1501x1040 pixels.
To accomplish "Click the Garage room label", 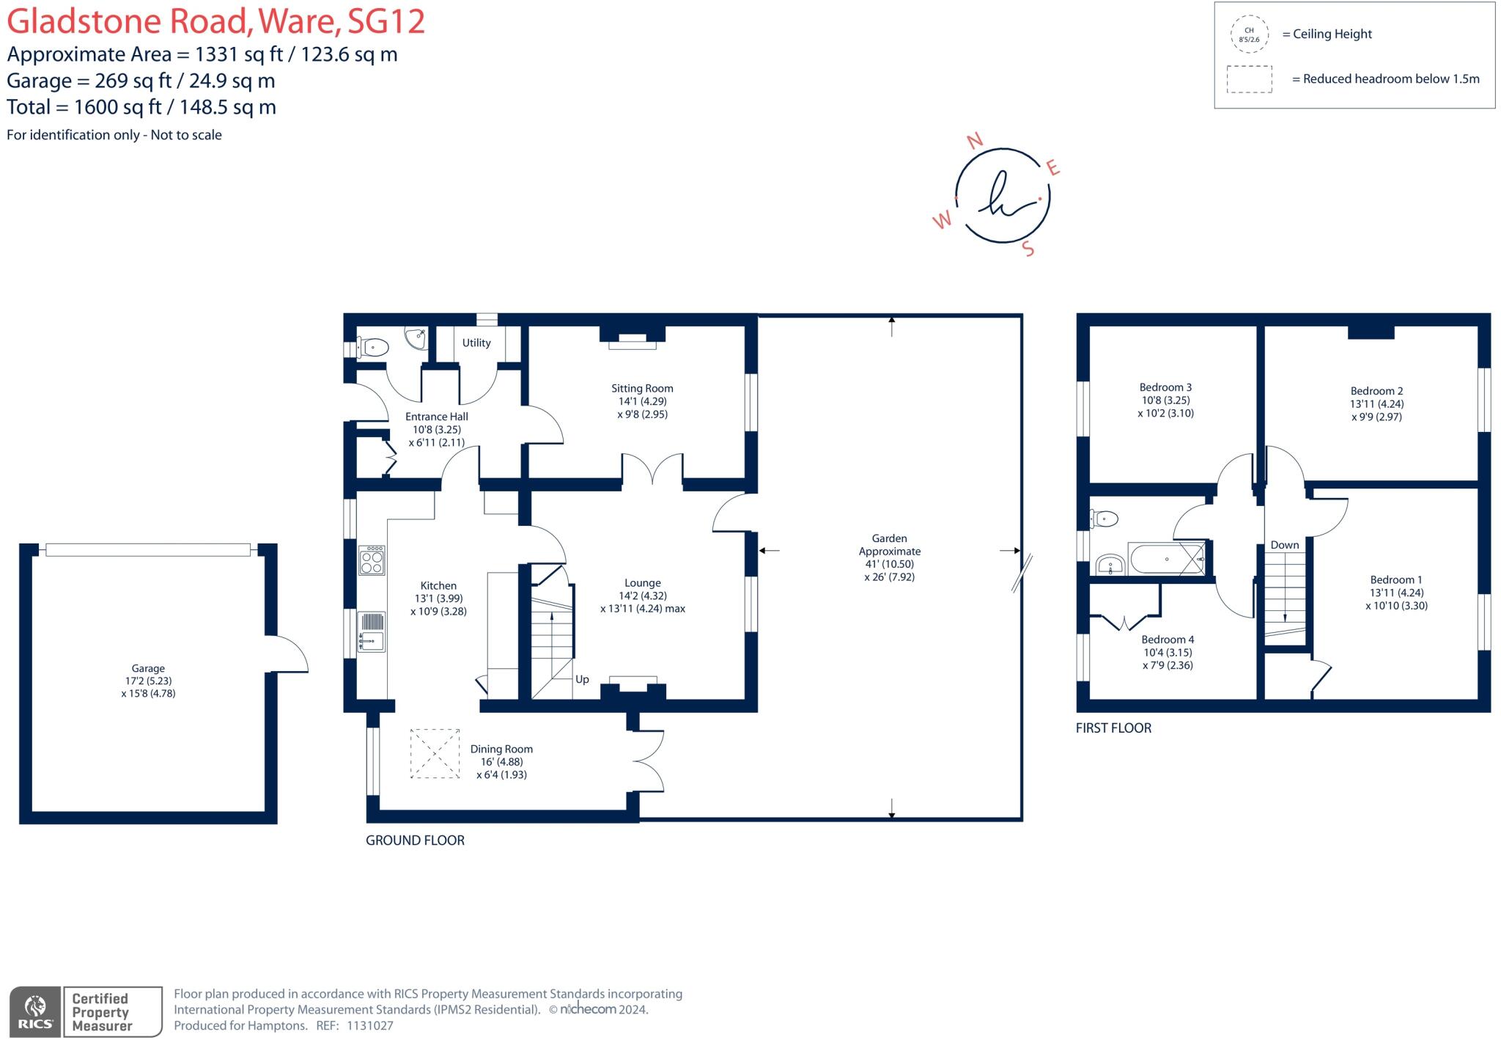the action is pos(148,668).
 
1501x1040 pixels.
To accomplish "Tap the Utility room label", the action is pos(476,343).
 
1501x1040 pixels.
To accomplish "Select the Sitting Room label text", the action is pos(642,388).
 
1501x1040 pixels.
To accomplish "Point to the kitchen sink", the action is pos(372,632).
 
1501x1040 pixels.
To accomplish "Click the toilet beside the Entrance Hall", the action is pos(372,346).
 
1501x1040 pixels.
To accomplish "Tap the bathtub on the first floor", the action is pos(1168,559).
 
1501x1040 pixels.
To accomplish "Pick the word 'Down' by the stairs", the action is pos(1285,545).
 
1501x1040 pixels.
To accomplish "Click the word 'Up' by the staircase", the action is pos(582,680).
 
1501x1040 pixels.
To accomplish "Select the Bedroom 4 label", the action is pos(1168,640).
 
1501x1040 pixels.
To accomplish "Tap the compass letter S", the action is pos(1028,249).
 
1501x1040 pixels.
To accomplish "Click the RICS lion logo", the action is pos(35,1011).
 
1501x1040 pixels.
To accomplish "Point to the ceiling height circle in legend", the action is pos(1250,34).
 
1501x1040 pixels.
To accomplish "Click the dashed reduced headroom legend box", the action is pos(1250,79).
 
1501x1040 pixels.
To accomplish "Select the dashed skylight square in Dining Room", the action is pos(435,753).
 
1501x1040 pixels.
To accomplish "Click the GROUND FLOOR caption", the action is pos(416,841).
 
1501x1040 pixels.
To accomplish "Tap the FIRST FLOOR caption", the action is pos(1114,728).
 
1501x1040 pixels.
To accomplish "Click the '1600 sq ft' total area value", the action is pos(118,107).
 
